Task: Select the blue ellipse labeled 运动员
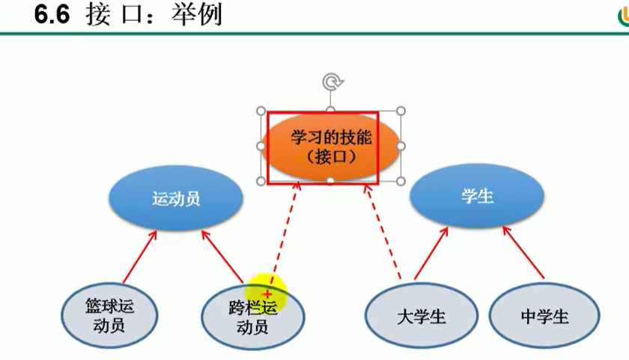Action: [x=176, y=199]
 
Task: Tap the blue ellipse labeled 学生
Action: [x=477, y=196]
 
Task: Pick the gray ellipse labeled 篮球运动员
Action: [x=109, y=315]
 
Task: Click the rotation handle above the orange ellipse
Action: [x=330, y=80]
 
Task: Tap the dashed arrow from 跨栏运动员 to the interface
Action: [x=285, y=232]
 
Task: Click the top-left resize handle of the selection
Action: [x=261, y=112]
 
